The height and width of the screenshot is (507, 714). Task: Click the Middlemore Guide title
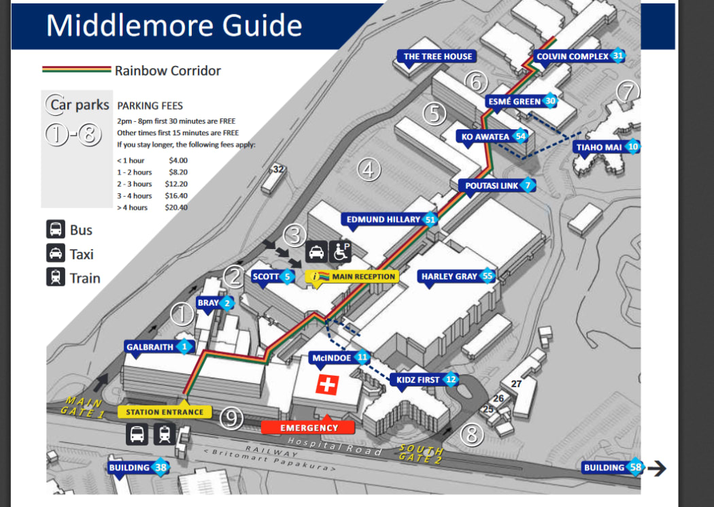pos(174,25)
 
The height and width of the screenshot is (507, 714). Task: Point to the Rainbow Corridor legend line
pos(76,70)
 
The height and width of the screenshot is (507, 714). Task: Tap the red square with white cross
pos(327,385)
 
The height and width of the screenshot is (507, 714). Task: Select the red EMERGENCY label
pos(308,427)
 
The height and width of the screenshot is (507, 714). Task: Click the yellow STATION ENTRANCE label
pos(165,412)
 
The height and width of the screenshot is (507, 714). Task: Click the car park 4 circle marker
pos(367,169)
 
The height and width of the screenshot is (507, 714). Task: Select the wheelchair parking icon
pos(340,252)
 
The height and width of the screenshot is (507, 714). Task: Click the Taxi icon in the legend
pos(56,254)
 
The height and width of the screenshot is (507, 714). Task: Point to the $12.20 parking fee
pos(176,184)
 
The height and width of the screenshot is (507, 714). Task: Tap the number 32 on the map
pos(277,169)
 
